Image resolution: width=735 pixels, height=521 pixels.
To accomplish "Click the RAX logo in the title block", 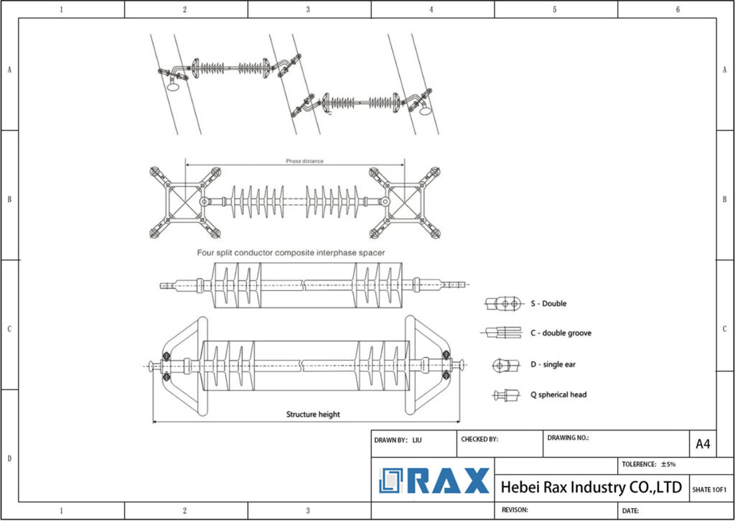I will click(434, 481).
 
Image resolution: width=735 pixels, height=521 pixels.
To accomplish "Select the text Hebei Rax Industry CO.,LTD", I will click(591, 487).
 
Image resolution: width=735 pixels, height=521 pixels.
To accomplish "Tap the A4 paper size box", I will click(703, 444).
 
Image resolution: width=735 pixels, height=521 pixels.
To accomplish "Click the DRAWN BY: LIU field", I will click(398, 439).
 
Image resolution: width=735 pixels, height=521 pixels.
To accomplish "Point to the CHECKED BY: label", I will click(479, 439).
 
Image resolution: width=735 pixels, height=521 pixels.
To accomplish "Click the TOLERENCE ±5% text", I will click(649, 464).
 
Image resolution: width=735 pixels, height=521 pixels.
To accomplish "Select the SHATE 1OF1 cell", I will click(709, 489).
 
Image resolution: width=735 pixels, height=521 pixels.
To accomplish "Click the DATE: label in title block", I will click(630, 510).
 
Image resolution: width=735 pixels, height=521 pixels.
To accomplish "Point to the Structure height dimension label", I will click(313, 414).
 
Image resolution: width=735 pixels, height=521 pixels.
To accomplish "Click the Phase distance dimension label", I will click(304, 161).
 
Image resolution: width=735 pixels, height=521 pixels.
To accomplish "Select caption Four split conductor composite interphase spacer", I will click(291, 252).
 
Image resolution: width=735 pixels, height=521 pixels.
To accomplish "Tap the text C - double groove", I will click(561, 333).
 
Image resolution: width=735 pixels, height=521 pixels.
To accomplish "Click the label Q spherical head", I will click(559, 395).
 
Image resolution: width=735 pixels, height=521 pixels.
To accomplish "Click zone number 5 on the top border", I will click(555, 9).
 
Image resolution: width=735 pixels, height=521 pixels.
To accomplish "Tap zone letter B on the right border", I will click(725, 199).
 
